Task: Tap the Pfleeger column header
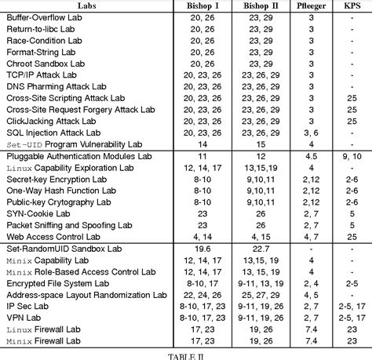311,6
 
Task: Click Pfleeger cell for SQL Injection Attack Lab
311,133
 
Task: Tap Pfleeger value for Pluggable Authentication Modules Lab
311,156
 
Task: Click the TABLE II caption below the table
186,355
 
